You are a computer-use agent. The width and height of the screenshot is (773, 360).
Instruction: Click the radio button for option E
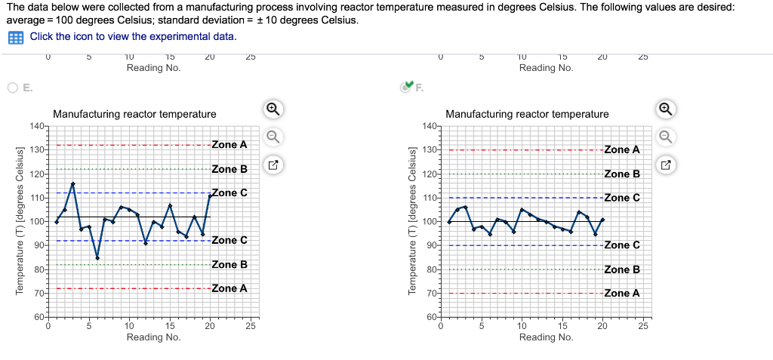pos(14,88)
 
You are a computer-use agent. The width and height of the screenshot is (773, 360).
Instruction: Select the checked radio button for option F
pos(407,87)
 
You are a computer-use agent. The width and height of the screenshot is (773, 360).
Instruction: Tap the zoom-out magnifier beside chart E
pos(273,137)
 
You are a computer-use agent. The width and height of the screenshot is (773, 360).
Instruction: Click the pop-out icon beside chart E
pos(273,164)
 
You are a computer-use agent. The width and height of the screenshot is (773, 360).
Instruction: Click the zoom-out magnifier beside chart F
pos(666,137)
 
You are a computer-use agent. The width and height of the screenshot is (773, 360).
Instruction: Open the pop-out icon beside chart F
pos(666,164)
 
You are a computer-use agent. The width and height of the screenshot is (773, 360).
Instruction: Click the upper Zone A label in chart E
pos(229,144)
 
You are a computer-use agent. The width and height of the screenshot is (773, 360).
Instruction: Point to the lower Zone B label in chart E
pos(229,265)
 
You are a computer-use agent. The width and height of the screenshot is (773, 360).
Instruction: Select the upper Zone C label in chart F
pos(622,198)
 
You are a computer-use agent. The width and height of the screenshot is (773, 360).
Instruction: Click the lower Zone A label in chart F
pos(622,293)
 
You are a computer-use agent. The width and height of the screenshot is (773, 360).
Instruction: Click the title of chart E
pos(134,114)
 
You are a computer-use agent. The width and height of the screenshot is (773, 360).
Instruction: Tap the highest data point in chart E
pos(73,183)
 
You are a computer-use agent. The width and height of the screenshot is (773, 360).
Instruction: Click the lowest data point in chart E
pos(97,258)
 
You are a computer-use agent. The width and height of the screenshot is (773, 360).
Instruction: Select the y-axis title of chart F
pos(412,220)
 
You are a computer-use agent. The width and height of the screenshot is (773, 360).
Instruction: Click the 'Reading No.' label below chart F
pos(546,337)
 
